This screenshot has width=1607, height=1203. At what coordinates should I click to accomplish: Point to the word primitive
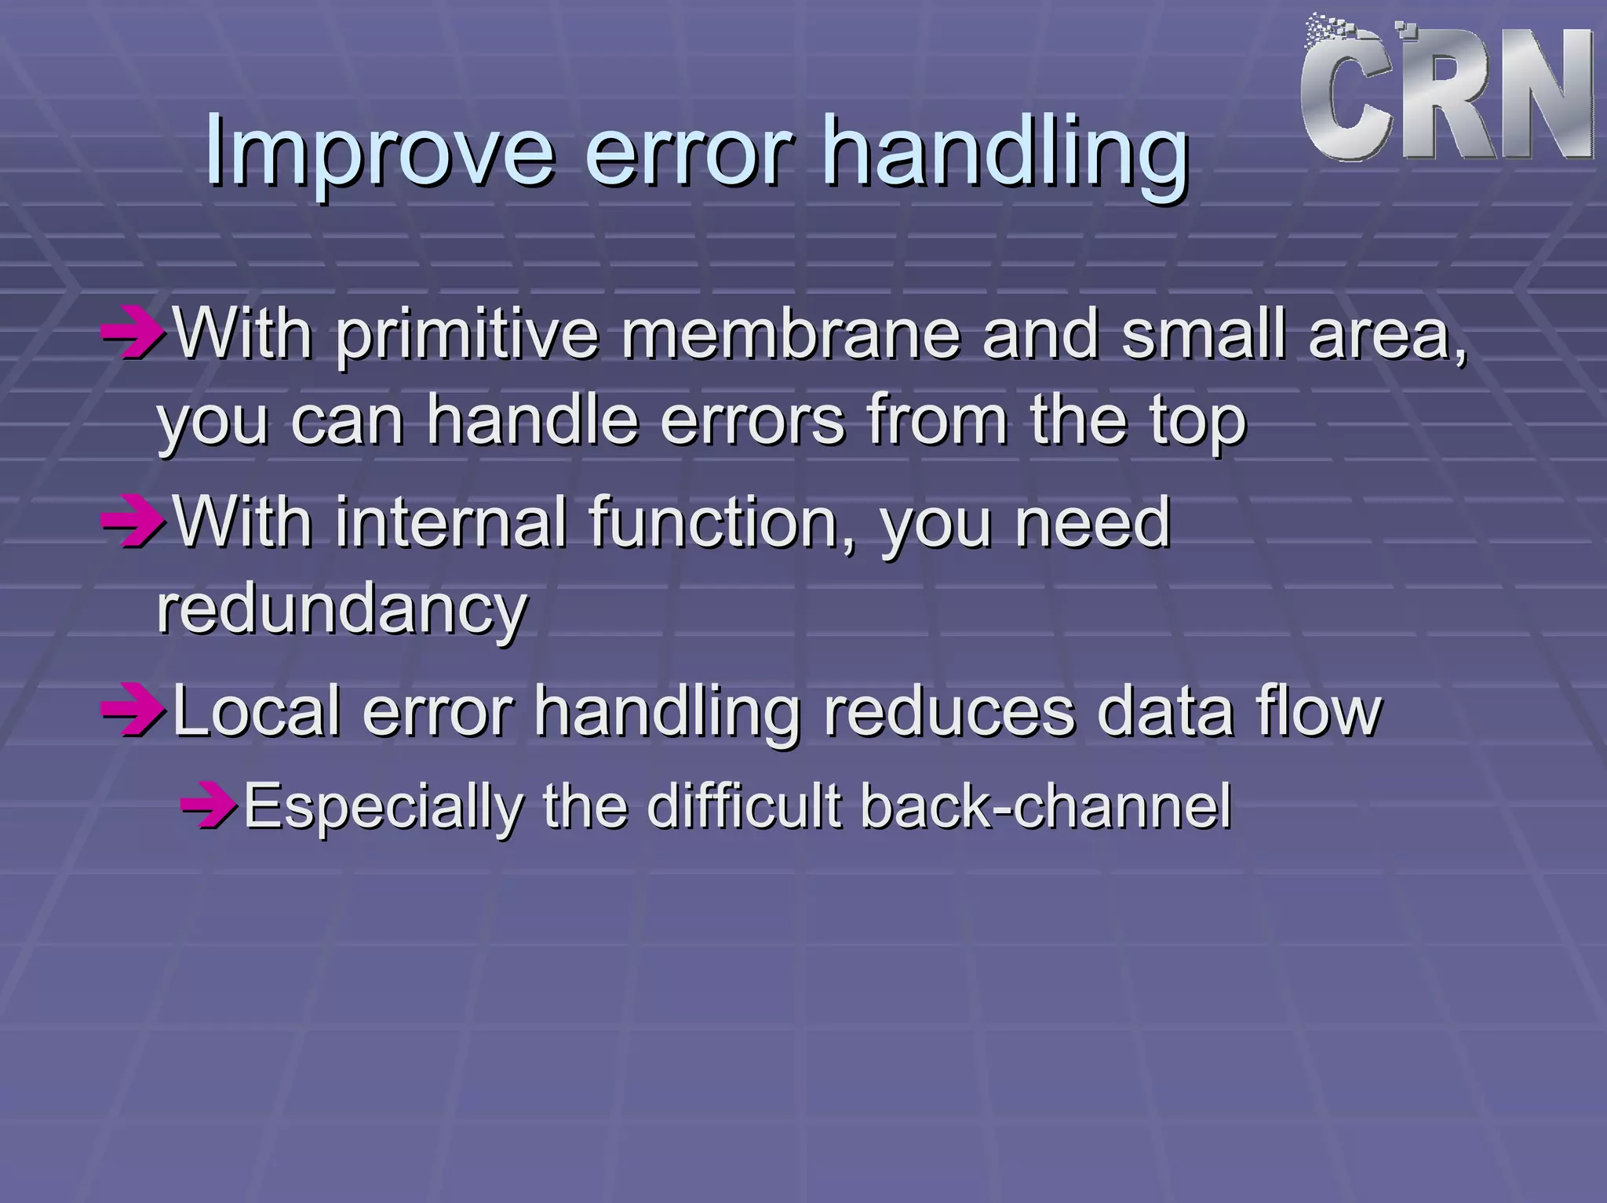(x=468, y=337)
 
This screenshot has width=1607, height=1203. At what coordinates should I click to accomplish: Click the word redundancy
(x=342, y=612)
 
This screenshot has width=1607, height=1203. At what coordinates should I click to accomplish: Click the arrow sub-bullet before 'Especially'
(x=208, y=805)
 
